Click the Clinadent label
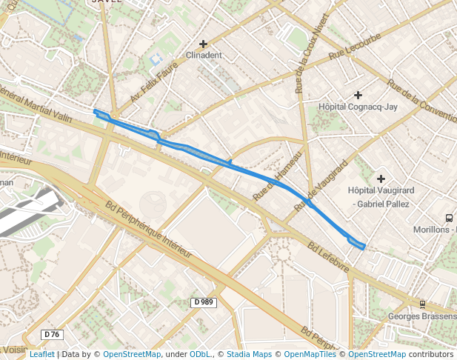coord(203,56)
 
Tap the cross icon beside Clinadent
coord(203,44)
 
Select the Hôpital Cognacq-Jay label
coord(358,107)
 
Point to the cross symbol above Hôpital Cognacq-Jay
coord(358,95)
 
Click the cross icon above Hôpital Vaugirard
coord(381,179)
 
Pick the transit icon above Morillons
coord(449,218)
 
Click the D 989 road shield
coord(204,302)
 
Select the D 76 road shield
coord(51,334)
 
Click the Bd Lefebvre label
coord(328,258)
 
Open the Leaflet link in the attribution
coord(41,354)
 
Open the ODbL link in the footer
coord(201,354)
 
